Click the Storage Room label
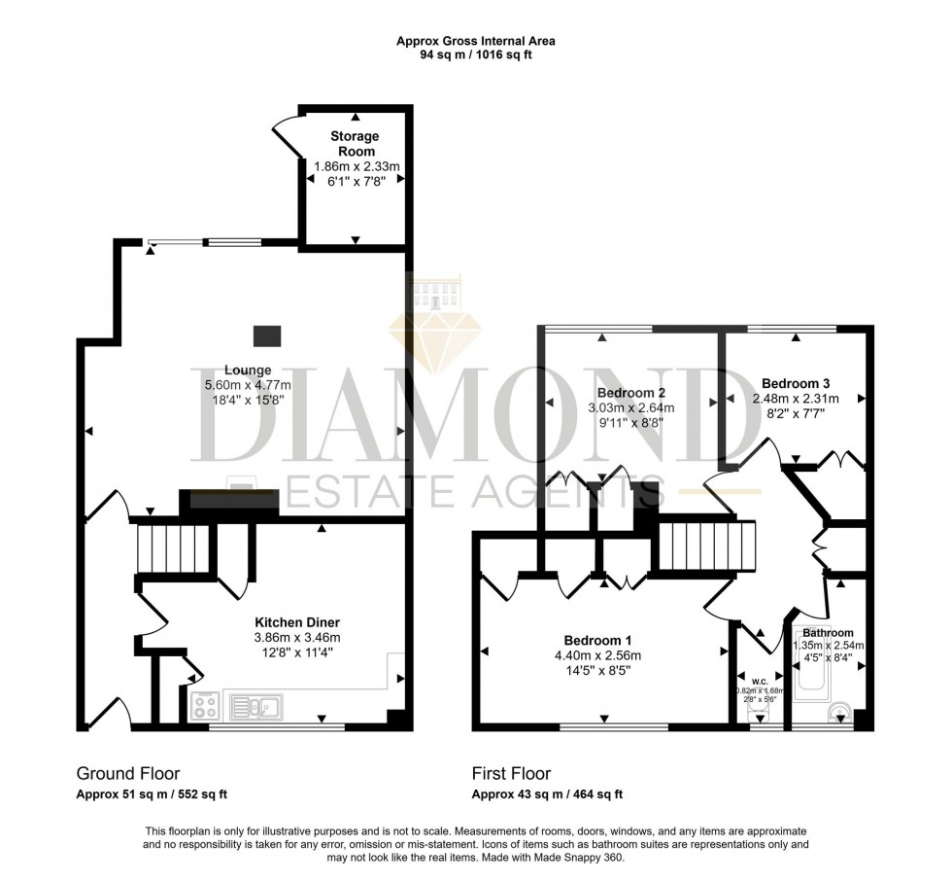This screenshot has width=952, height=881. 357,144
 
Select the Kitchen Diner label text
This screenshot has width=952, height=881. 296,622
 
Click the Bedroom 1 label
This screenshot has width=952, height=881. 599,641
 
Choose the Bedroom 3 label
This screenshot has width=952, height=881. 795,383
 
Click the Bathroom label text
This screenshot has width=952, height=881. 828,633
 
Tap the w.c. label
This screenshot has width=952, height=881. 760,679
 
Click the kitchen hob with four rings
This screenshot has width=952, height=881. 205,707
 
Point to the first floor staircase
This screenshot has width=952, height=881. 707,546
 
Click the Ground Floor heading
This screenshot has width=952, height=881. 128,774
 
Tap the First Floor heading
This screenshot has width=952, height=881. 511,774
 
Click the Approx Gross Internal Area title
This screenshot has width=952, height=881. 476,41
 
